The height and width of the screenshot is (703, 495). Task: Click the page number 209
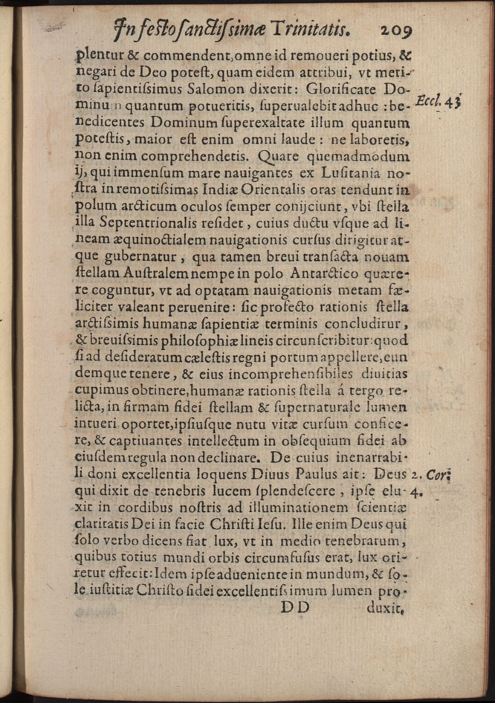[x=401, y=30]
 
